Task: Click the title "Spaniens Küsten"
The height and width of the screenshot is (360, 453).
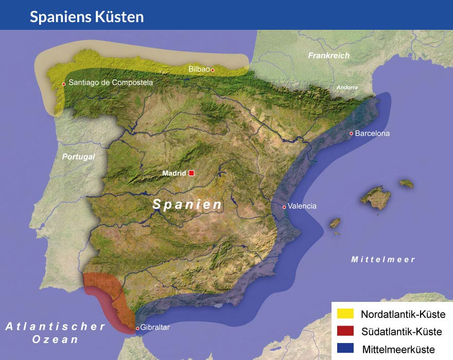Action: point(86,16)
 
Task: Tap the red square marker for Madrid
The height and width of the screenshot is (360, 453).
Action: point(191,173)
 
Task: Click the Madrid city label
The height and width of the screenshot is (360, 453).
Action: point(173,173)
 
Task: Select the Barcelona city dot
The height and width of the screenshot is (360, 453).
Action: point(352,134)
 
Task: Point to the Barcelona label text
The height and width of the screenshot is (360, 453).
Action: point(373,133)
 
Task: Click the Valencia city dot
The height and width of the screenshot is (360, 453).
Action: point(284,207)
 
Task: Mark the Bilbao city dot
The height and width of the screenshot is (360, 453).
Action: point(212,70)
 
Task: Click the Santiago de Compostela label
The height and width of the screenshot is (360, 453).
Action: point(111,82)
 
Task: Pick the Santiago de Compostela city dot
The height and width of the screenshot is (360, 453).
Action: point(64,84)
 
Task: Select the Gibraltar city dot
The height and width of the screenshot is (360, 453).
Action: point(137,328)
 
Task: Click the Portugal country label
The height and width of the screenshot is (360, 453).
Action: point(79,157)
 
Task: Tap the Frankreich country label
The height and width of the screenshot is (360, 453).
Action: point(328,56)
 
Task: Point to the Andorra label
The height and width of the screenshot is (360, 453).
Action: point(347,87)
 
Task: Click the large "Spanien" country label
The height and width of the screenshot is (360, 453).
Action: point(188,204)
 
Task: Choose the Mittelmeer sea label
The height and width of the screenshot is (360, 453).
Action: point(383,260)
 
